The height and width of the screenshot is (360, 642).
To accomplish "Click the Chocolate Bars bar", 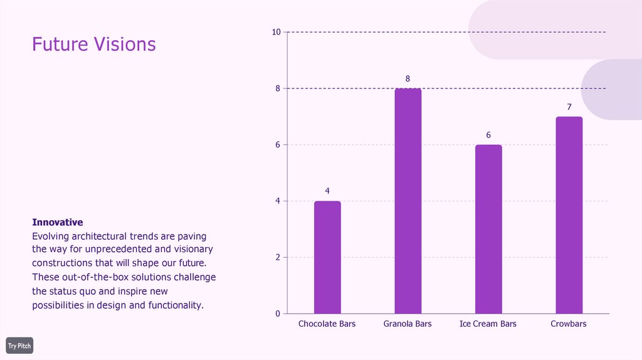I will click(x=327, y=257).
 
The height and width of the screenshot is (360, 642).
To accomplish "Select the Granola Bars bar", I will click(x=408, y=201).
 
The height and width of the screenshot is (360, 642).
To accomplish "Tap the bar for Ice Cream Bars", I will click(x=488, y=229).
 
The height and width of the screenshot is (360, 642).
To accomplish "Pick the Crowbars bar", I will click(x=569, y=215).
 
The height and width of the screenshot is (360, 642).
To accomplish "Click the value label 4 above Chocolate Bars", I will click(x=327, y=191).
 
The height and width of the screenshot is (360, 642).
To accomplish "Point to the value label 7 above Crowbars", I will click(x=569, y=107).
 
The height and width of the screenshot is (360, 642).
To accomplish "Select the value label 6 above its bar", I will click(x=488, y=135).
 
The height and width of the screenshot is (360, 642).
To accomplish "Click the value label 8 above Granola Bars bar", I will click(x=408, y=78).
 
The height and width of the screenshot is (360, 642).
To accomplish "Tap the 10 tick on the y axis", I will click(x=276, y=32).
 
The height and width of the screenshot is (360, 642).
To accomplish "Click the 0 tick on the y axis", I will click(x=278, y=314).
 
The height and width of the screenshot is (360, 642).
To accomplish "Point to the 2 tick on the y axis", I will click(x=278, y=257).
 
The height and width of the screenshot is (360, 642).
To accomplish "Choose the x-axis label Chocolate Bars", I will click(x=327, y=324).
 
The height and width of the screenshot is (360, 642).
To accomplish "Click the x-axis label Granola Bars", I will click(x=408, y=324).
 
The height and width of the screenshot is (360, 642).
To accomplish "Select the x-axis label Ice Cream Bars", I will click(x=488, y=324).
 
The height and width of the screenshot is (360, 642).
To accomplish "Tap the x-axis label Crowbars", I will click(x=569, y=324).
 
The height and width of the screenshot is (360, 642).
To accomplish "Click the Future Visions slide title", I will click(x=94, y=45).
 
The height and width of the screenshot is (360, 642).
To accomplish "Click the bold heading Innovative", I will click(x=58, y=223).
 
